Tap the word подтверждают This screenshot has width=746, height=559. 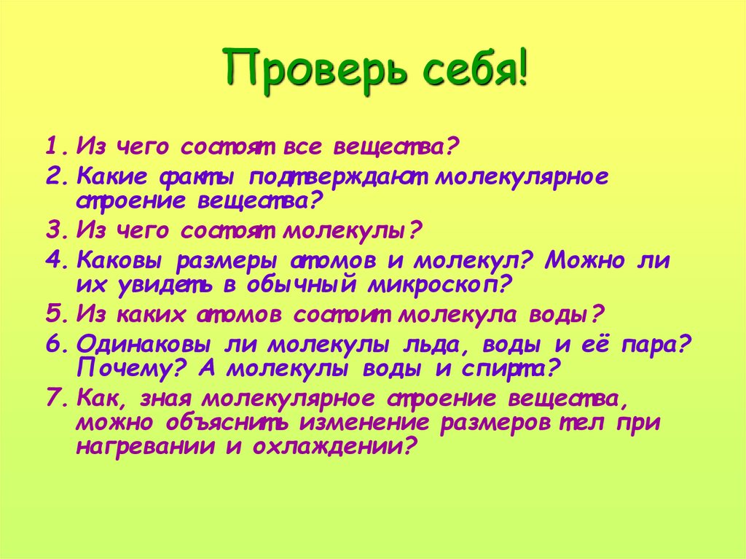click(x=340, y=177)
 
